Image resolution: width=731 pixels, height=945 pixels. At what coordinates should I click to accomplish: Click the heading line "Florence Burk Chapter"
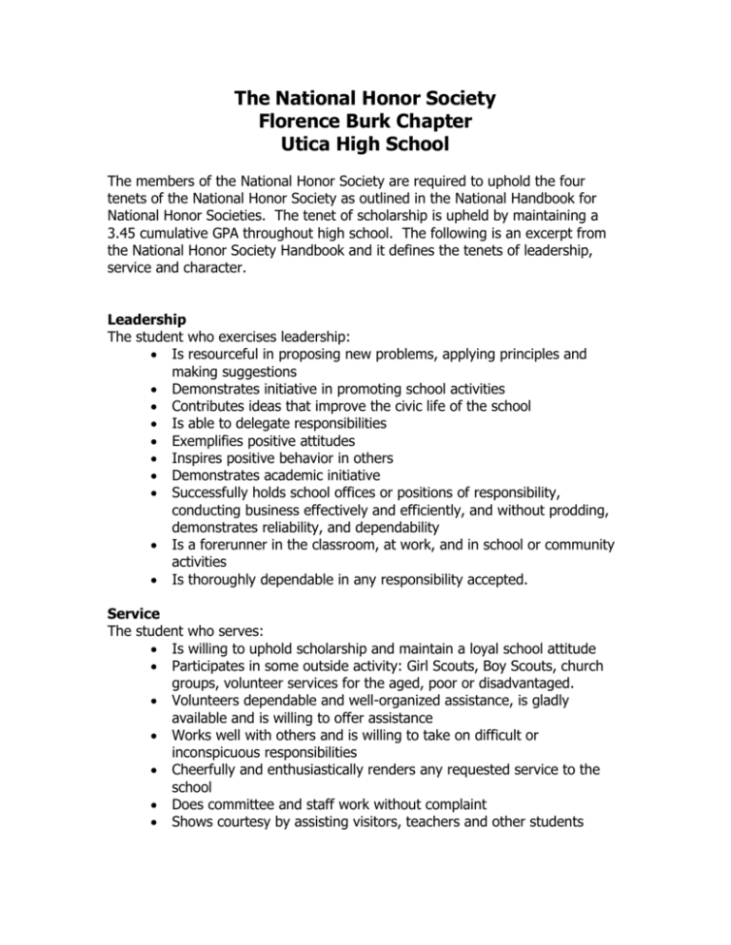point(365,122)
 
